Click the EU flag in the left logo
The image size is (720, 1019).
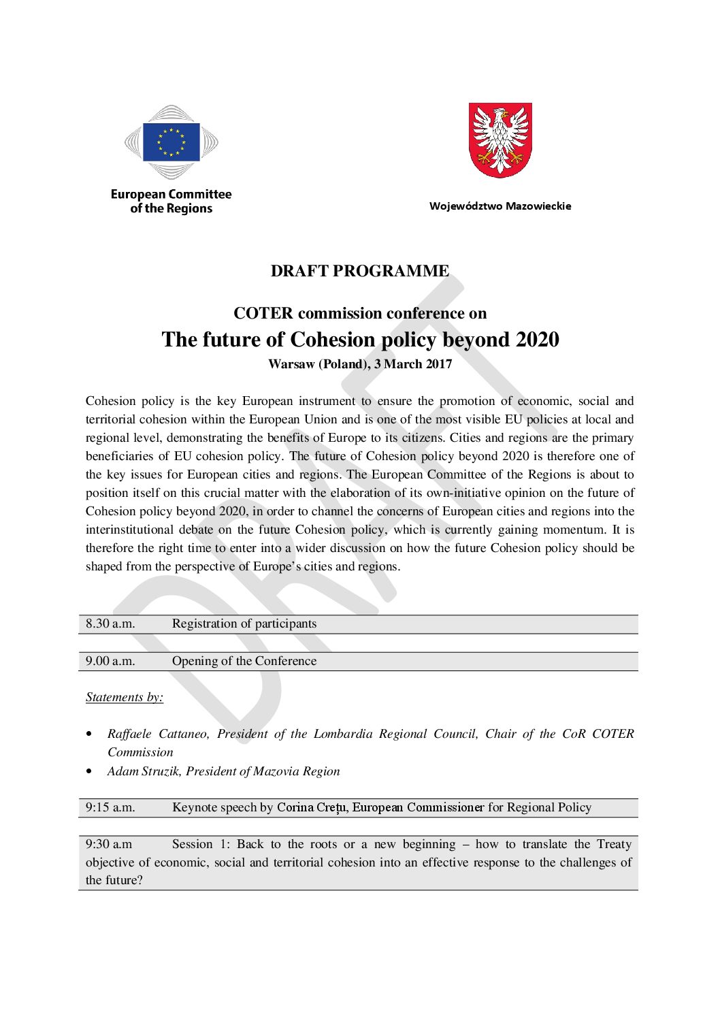(x=171, y=142)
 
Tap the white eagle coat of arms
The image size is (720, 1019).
(x=500, y=140)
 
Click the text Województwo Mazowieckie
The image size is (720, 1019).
(x=500, y=206)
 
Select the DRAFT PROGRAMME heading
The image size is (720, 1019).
(x=360, y=271)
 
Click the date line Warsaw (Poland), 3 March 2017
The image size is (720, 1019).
(x=360, y=364)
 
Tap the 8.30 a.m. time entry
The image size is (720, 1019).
(x=110, y=624)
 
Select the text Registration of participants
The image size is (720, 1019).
(x=244, y=624)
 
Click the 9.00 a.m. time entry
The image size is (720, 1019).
(x=110, y=661)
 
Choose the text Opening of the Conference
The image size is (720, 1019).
(x=244, y=661)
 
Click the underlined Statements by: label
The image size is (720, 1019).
(x=125, y=697)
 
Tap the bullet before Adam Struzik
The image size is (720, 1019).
(x=89, y=771)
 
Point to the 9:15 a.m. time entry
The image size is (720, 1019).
(x=110, y=807)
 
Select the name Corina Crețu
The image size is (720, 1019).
(x=312, y=807)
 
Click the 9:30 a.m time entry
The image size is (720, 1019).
(x=109, y=844)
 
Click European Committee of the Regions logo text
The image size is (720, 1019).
(x=171, y=201)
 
